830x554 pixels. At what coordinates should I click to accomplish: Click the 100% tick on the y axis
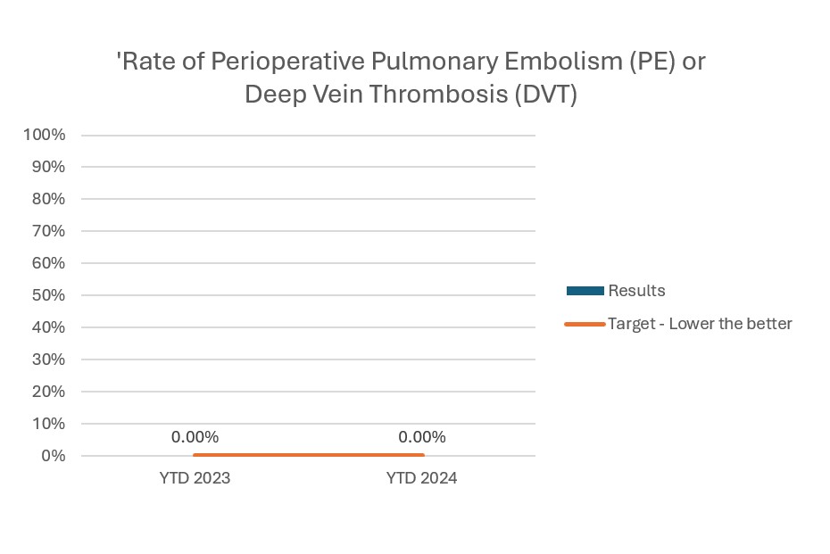[45, 135]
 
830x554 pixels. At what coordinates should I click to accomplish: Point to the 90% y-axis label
[48, 167]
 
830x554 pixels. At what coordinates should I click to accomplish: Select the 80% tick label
[48, 199]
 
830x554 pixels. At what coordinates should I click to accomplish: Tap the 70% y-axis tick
[48, 231]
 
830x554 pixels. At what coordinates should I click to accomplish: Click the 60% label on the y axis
[48, 263]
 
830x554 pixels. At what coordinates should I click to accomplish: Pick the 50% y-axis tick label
[48, 295]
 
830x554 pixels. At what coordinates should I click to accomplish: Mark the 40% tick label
[48, 327]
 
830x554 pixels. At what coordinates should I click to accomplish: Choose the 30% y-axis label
[48, 360]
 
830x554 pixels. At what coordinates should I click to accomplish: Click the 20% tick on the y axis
[48, 392]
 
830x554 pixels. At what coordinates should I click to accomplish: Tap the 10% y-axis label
[48, 424]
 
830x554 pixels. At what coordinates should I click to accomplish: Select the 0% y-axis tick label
[52, 456]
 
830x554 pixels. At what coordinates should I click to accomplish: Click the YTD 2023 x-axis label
[195, 478]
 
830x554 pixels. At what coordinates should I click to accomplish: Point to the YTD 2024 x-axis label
[421, 478]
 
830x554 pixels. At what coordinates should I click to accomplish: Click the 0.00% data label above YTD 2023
[195, 437]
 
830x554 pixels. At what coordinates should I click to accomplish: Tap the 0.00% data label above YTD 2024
[421, 437]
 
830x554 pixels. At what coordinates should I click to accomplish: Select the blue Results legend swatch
[585, 291]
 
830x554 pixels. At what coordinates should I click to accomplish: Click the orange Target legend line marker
[585, 324]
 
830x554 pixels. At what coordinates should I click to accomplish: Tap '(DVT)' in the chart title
[544, 95]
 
